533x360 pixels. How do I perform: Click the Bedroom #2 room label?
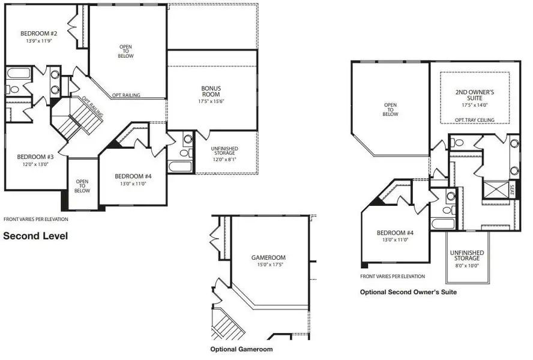39,34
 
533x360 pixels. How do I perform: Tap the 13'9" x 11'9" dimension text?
39,41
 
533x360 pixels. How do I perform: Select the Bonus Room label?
211,91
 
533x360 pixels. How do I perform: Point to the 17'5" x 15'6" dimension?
211,101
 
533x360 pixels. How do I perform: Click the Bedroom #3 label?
35,157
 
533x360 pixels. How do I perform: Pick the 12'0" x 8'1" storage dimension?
224,160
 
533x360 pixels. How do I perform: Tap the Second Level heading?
35,236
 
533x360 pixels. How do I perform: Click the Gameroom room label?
268,257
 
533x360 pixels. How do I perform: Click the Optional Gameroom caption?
241,349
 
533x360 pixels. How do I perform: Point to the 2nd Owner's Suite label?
475,95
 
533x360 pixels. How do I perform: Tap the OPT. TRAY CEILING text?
475,120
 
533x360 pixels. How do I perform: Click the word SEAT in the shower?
513,190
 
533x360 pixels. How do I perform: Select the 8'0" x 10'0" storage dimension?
467,265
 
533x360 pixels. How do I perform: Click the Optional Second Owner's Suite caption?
408,292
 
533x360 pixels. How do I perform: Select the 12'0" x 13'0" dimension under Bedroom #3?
35,164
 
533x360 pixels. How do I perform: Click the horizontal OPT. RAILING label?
126,95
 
